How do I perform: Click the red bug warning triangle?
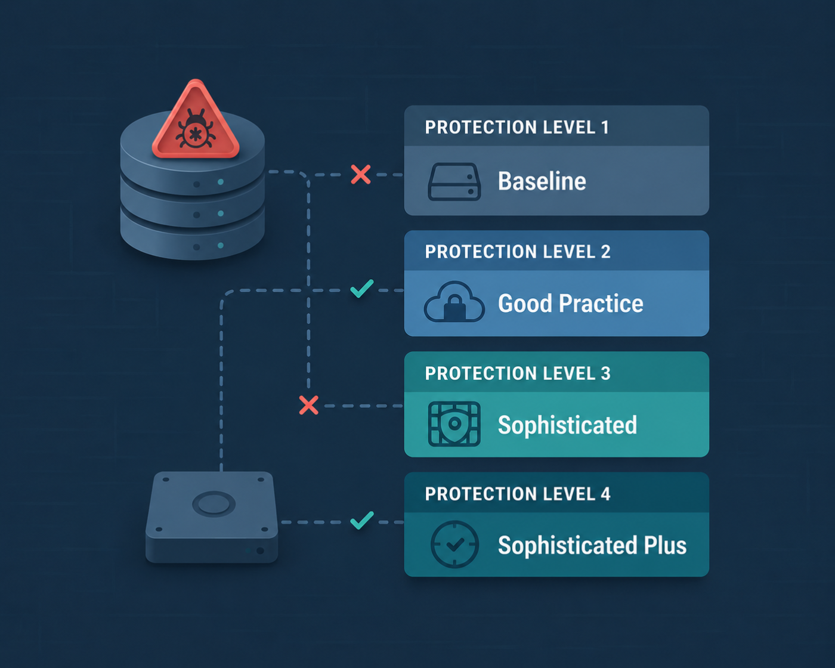click(x=196, y=121)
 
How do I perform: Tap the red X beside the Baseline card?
click(x=360, y=174)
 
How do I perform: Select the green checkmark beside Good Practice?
click(x=361, y=289)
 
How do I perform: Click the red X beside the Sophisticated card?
click(x=309, y=405)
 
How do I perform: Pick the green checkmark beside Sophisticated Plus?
click(x=361, y=520)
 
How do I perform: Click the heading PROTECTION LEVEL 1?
click(x=517, y=127)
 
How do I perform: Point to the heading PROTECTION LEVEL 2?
click(x=518, y=252)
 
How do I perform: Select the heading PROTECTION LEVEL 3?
click(x=518, y=373)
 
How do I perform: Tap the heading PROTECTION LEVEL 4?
click(x=518, y=494)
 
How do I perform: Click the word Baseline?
click(x=542, y=181)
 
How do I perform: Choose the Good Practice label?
click(x=570, y=303)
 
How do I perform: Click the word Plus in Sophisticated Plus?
click(x=665, y=545)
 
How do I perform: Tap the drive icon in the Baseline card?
click(x=454, y=182)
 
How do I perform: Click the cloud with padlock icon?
click(x=454, y=302)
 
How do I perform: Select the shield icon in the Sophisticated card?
click(x=454, y=424)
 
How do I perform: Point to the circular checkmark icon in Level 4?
click(x=454, y=544)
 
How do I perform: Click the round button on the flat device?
click(x=214, y=504)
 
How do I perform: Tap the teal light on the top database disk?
click(x=221, y=182)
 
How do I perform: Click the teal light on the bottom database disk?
click(x=221, y=245)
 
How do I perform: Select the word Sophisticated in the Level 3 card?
click(x=567, y=425)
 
